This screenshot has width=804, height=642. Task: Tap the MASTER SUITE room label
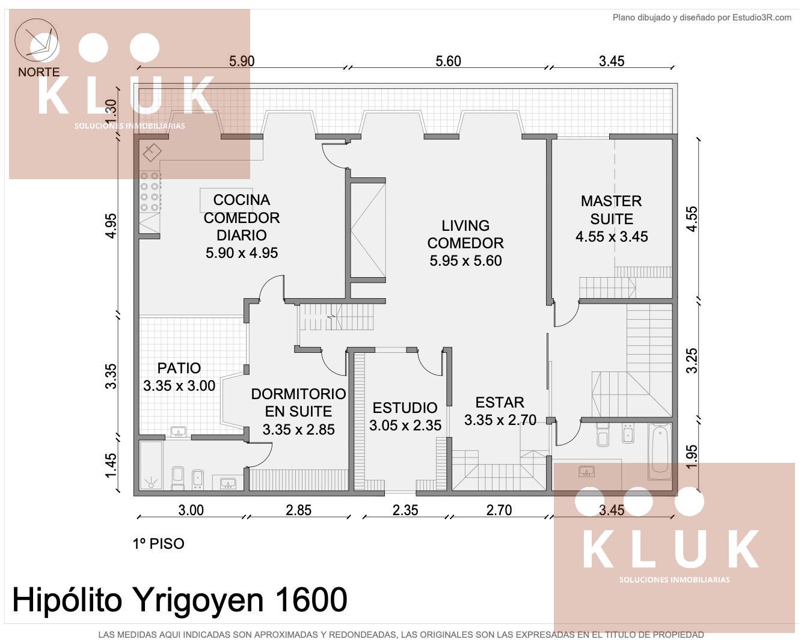tap(611, 210)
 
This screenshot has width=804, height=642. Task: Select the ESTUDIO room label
tap(405, 408)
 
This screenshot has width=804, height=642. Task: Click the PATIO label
tap(179, 368)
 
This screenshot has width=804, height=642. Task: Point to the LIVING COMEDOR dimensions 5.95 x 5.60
tap(465, 261)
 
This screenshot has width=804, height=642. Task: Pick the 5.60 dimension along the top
tap(448, 61)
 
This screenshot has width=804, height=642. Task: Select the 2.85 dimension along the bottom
tap(298, 510)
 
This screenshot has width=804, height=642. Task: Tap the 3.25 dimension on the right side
tap(692, 361)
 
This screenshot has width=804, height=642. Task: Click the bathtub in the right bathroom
tap(660, 451)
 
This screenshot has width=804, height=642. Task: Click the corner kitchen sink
tap(152, 151)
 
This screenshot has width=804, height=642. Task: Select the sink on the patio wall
tap(178, 432)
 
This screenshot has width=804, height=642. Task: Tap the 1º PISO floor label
tap(158, 544)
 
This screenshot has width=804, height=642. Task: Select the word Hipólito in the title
tap(67, 601)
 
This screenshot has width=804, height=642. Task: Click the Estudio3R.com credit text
tap(761, 17)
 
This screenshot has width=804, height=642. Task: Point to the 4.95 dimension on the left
tap(111, 226)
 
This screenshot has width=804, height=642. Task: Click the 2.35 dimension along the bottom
tap(405, 510)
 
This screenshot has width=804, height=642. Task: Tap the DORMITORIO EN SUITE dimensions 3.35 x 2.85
tap(298, 429)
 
